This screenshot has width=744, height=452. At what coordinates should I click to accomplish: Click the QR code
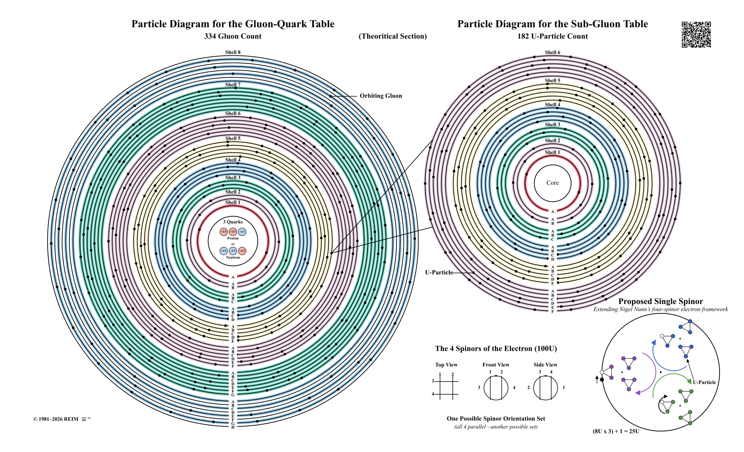tap(696, 34)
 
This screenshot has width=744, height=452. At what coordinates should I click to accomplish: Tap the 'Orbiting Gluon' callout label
tap(381, 96)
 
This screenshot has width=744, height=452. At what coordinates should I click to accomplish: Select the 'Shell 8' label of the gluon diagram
tap(233, 52)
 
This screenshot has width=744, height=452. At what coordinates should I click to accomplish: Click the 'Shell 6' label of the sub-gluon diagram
tap(552, 52)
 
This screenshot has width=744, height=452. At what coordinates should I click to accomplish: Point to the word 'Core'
tap(552, 182)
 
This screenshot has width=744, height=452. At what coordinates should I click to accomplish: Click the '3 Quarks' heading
tap(233, 222)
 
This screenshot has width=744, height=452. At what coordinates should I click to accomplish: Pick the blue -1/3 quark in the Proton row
tap(242, 232)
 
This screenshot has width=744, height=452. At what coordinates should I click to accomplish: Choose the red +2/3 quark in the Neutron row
tap(242, 251)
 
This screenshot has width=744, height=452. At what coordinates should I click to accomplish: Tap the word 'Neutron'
tap(233, 257)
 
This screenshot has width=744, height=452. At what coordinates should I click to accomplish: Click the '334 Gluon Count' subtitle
tap(233, 36)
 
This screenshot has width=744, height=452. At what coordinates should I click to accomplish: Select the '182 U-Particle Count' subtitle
tap(552, 36)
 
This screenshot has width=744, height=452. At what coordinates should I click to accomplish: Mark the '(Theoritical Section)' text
tap(393, 36)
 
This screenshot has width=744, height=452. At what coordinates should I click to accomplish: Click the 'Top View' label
tap(446, 365)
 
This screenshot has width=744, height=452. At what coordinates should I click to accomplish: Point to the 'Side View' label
tap(545, 365)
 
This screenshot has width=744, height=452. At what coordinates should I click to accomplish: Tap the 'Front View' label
tap(496, 365)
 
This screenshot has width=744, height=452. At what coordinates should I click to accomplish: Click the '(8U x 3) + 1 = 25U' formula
tap(616, 431)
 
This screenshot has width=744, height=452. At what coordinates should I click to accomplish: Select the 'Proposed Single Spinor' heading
tap(661, 301)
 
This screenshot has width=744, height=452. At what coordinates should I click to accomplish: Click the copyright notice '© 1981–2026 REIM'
tap(56, 419)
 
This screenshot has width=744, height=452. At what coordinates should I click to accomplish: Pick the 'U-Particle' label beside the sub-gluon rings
tap(439, 273)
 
